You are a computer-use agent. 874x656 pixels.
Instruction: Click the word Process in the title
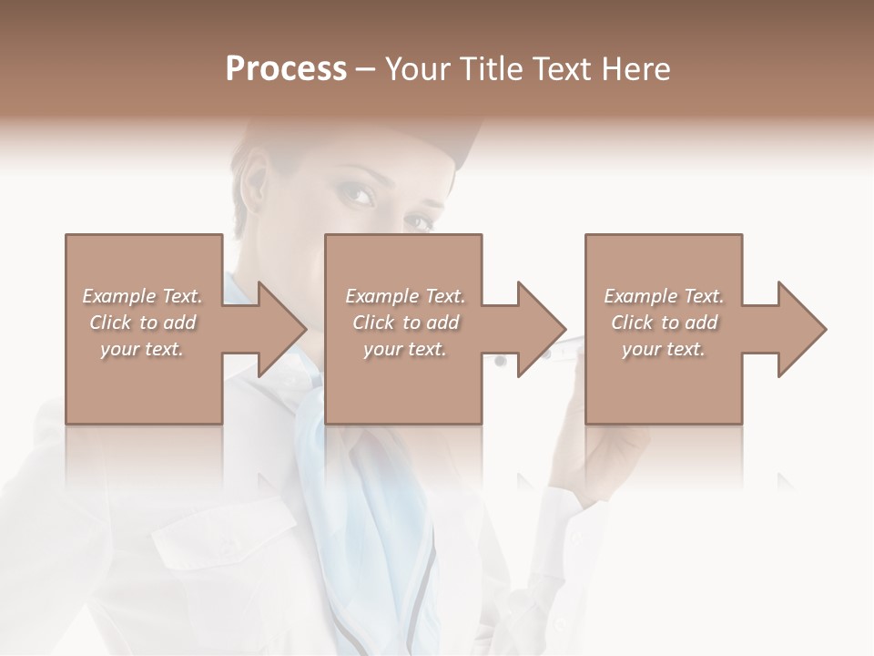(x=286, y=69)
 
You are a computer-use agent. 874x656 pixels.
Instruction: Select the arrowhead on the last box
(x=802, y=329)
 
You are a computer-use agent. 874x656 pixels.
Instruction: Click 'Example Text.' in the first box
(x=142, y=296)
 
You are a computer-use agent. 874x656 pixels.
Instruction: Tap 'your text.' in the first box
(x=142, y=349)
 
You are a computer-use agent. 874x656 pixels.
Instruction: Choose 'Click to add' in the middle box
(x=405, y=323)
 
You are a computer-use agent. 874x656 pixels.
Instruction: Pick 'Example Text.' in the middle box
(x=405, y=296)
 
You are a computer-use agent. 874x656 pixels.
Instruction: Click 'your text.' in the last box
(x=664, y=349)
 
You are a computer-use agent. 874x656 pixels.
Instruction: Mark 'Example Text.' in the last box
(x=664, y=296)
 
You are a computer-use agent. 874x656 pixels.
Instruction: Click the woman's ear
(x=255, y=182)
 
